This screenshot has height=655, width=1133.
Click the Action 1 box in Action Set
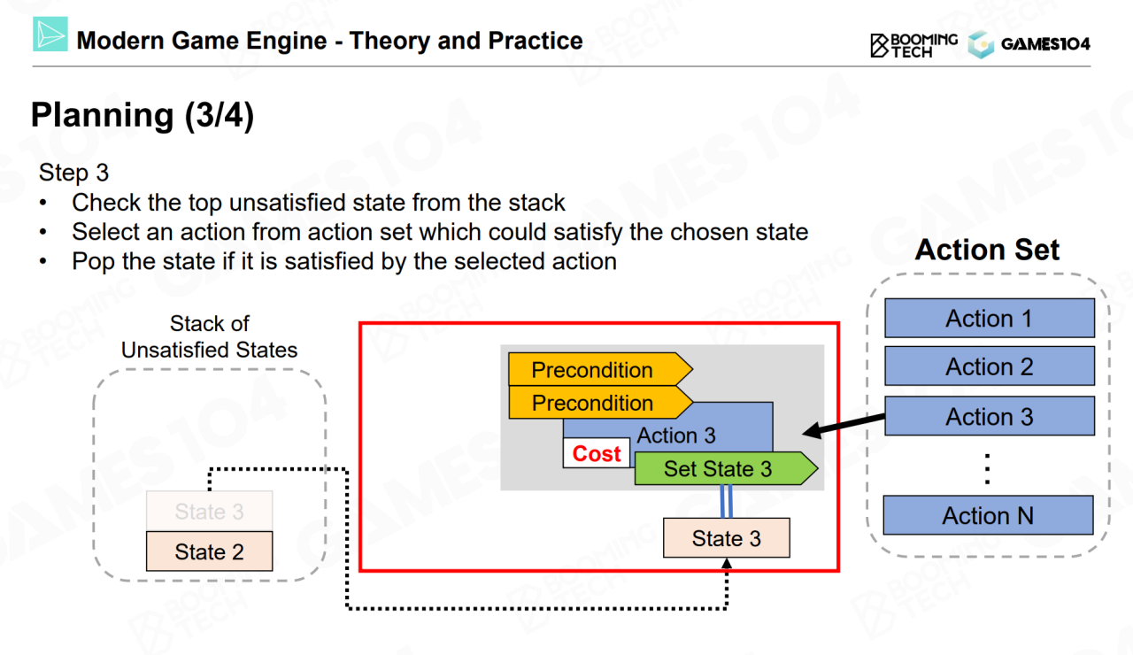989,319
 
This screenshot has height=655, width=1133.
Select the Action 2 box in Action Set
989,367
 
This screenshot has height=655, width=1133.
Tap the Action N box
988,515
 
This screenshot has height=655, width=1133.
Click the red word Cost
597,454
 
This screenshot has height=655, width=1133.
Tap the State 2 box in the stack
209,551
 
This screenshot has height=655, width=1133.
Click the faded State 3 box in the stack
209,512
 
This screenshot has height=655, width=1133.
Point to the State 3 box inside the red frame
726,538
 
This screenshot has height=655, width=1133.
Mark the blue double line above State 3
726,502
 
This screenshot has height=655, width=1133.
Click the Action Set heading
987,250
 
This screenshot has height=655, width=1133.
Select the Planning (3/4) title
143,116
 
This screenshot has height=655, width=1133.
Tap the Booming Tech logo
913,44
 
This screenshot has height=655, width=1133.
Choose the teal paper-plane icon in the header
50,36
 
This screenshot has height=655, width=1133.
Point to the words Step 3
73,172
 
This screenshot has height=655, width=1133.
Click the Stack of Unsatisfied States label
209,337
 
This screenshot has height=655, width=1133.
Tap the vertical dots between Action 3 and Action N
988,467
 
